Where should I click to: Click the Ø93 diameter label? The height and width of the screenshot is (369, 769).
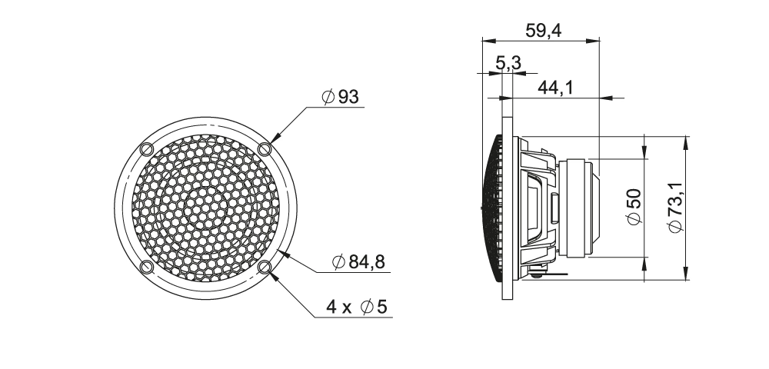click(x=341, y=97)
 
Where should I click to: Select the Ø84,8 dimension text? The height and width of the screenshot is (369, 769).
click(x=358, y=262)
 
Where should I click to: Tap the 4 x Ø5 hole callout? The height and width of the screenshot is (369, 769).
click(x=357, y=307)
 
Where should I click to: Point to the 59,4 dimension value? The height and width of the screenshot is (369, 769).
click(x=543, y=31)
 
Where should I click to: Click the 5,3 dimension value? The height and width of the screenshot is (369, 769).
click(x=508, y=63)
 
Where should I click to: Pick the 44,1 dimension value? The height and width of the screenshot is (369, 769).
click(x=555, y=88)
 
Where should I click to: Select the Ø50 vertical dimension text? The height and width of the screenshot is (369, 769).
click(x=634, y=206)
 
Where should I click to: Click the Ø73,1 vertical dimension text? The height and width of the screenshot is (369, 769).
click(x=675, y=208)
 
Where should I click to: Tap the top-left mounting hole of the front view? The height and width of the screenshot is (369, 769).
click(x=147, y=148)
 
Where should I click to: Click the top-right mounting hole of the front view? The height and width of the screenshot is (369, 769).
click(x=265, y=148)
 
